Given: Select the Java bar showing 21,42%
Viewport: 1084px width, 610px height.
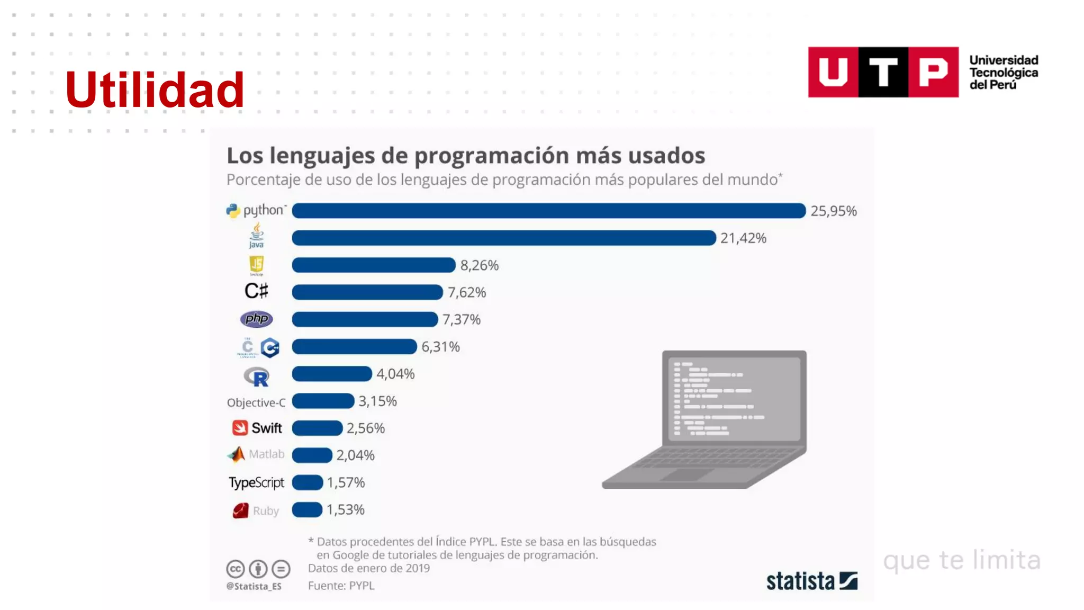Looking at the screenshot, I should tap(503, 238).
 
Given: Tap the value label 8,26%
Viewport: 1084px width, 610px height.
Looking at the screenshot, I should tap(479, 265).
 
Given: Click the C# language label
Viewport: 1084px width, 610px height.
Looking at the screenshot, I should tap(256, 291).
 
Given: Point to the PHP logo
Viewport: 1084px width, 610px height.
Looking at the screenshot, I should tap(256, 319).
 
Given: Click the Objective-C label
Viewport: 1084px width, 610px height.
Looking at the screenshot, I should tap(256, 402).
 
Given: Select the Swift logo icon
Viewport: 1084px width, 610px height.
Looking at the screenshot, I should tap(240, 428).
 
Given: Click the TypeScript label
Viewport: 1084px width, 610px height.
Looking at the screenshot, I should tap(256, 482).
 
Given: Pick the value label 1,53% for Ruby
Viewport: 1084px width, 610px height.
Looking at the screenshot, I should tap(345, 510).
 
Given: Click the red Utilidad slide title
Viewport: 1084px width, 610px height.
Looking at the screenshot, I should tap(154, 90).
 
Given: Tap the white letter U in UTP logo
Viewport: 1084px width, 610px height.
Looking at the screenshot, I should tap(833, 72).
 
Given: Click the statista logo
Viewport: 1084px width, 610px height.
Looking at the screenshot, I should tap(811, 581).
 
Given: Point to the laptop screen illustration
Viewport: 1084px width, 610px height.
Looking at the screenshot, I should tap(734, 398).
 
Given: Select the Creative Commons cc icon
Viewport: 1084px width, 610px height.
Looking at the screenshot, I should tap(236, 569).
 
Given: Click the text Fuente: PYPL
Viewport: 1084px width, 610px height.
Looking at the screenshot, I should tap(341, 586).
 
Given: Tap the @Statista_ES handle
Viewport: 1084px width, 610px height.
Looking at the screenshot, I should tap(254, 586).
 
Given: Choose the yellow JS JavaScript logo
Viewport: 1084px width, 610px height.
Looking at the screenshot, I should tap(256, 264).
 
